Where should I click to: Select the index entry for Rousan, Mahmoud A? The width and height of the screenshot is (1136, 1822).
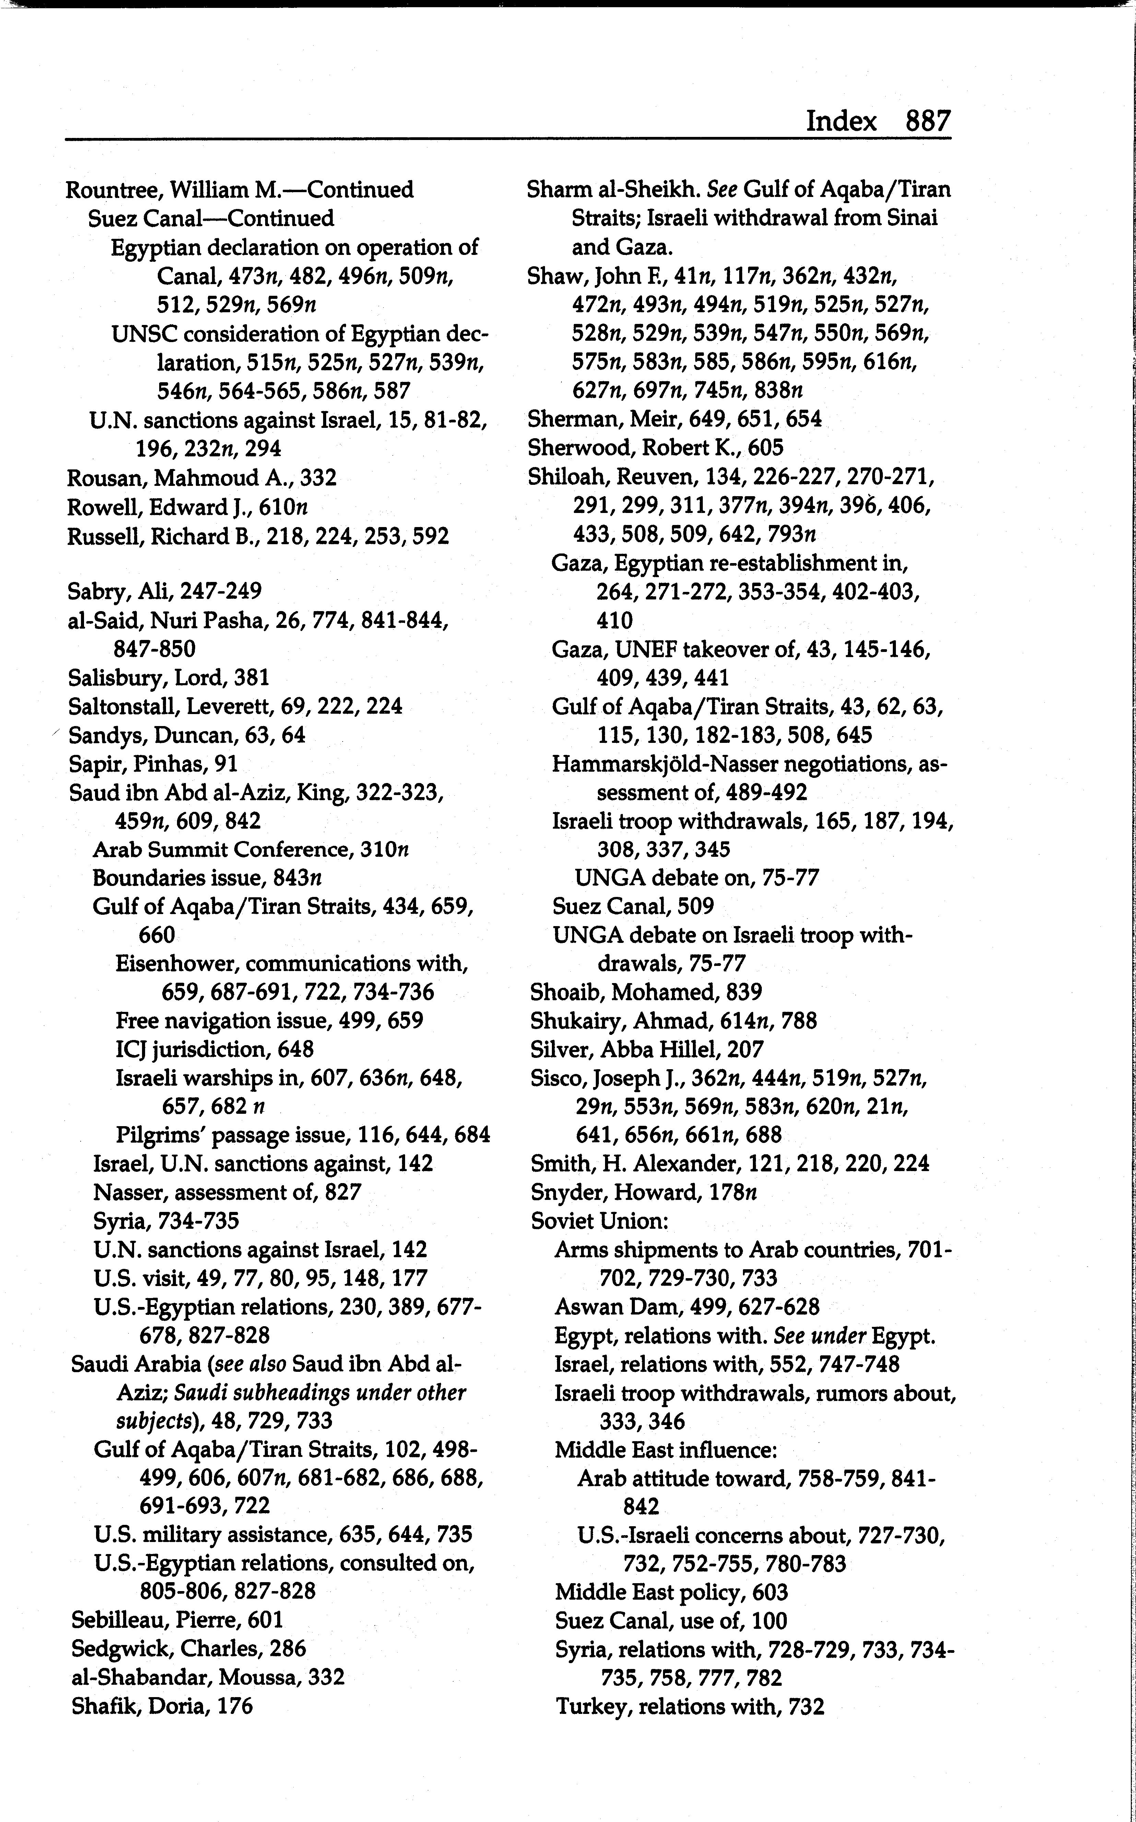click(201, 478)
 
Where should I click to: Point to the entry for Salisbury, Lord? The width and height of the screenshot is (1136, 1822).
click(168, 678)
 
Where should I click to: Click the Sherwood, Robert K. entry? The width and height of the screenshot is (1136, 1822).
click(655, 448)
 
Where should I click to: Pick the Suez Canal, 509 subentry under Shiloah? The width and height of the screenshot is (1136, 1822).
click(632, 907)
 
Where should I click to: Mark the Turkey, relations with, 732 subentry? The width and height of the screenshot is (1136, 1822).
click(690, 1706)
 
